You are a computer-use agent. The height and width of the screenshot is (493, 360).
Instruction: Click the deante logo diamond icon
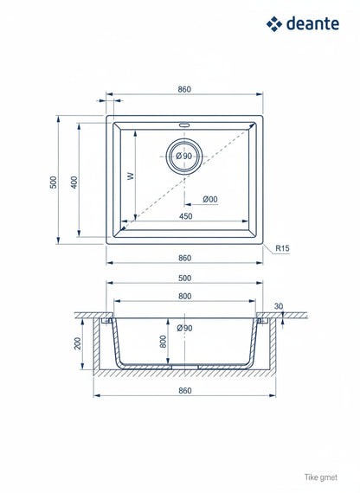pos(274,24)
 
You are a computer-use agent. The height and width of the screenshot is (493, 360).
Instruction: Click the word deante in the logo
pos(312,24)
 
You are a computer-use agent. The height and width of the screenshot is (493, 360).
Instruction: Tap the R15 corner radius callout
pos(282,248)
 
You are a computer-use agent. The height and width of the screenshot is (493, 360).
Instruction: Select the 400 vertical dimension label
pos(74,182)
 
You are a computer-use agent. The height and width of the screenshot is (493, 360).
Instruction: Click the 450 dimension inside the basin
pos(186,216)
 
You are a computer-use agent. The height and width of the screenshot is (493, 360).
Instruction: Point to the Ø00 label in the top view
pos(210,199)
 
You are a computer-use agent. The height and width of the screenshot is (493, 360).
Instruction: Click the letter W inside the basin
pos(131,176)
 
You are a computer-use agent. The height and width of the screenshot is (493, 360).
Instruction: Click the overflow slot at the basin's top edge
pos(184,125)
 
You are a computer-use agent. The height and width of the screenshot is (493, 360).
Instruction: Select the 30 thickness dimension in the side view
pos(279,306)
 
